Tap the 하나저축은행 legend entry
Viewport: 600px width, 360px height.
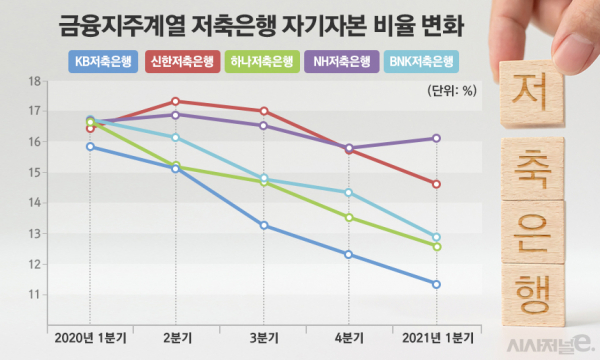point(260,62)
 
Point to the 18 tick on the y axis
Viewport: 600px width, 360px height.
point(33,81)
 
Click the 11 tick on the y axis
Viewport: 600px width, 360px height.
point(33,295)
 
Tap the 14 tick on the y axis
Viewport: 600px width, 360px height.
point(33,203)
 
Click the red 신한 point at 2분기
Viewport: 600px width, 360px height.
point(176,101)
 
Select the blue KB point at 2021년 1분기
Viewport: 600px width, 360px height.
point(435,284)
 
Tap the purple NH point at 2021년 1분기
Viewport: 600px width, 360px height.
point(435,138)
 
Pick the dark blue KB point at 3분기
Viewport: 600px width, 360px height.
point(263,225)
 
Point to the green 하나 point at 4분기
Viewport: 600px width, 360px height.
point(349,217)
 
